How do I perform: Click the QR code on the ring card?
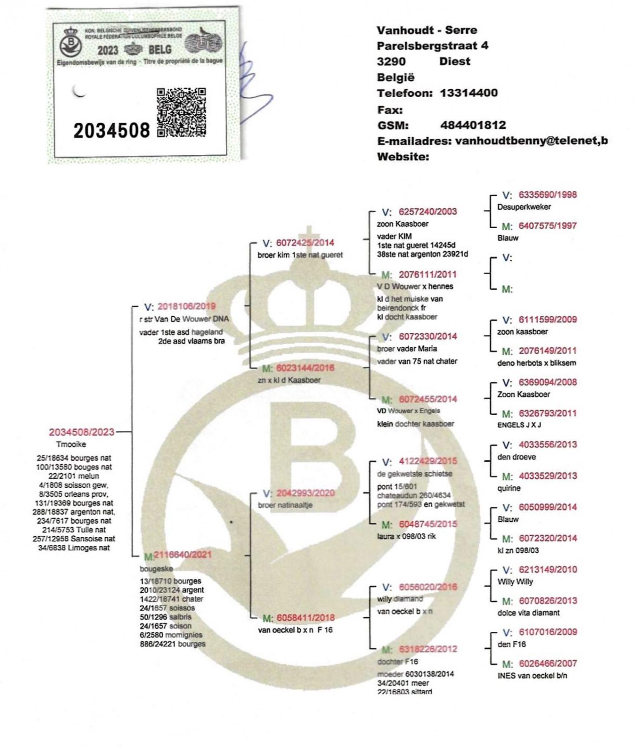tap(181, 112)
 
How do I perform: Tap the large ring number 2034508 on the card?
tap(112, 131)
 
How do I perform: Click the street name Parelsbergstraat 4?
tap(432, 46)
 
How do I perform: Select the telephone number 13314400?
tap(469, 93)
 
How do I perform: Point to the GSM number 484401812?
tap(473, 125)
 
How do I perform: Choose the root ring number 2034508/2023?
tap(82, 432)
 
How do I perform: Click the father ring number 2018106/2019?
tap(186, 306)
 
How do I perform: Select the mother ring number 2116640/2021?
tap(183, 555)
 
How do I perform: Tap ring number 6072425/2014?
tap(305, 243)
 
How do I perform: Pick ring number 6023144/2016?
tap(305, 368)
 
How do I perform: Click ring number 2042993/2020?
tap(305, 493)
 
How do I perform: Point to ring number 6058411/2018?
tap(305, 618)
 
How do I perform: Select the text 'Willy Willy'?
tap(515, 582)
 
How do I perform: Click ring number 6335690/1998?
tap(548, 195)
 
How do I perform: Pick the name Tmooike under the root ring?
tap(71, 444)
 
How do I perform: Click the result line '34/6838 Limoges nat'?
tap(74, 548)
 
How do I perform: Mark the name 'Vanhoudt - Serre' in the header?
tap(427, 30)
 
